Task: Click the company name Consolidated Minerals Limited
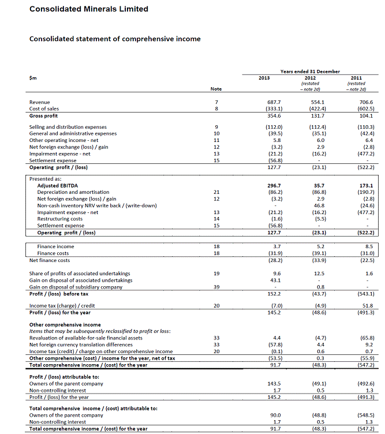88,9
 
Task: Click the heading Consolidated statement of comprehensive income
115,39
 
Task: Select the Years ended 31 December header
309,71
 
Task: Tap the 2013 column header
264,77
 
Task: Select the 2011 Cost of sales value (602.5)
365,108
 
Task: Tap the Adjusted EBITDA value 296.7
274,186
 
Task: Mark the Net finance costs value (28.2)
274,260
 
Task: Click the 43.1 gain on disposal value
274,280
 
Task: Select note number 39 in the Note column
216,287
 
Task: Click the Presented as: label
46,179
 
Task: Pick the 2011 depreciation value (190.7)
365,192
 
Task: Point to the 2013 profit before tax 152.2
274,293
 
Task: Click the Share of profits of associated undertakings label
80,273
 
